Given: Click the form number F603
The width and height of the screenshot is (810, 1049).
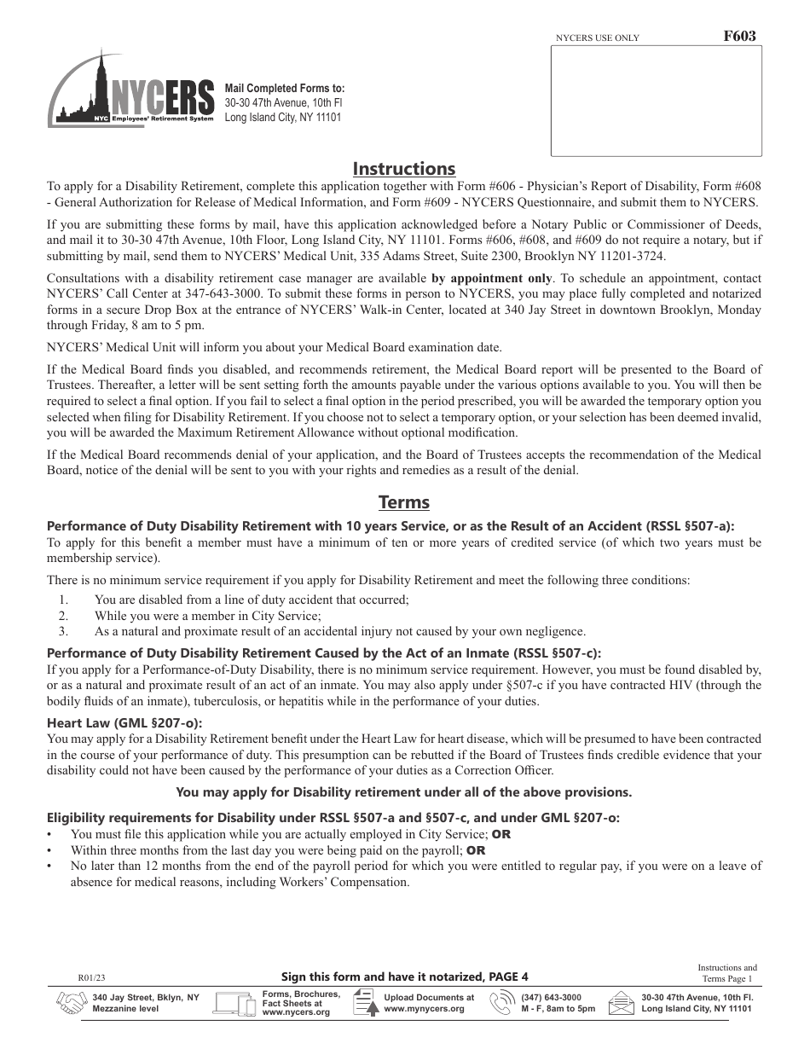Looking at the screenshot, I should [x=738, y=37].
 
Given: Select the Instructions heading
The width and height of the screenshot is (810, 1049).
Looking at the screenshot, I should [x=404, y=169].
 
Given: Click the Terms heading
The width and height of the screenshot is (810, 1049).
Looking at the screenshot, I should [x=404, y=502].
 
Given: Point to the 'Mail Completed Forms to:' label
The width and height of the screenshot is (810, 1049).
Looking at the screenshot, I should [x=285, y=88].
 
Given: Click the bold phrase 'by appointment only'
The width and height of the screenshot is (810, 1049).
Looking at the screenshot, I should [x=491, y=278].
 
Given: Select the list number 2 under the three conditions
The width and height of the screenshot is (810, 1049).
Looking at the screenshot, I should [x=63, y=616].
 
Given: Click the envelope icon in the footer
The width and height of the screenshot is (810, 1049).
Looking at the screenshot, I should [x=622, y=1003].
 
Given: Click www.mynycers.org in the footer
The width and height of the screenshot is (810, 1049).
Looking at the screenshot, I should [x=424, y=1009].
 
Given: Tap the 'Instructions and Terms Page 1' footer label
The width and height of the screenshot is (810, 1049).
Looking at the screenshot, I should [x=726, y=973].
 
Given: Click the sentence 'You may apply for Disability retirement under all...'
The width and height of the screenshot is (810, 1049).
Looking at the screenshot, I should [x=403, y=792].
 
